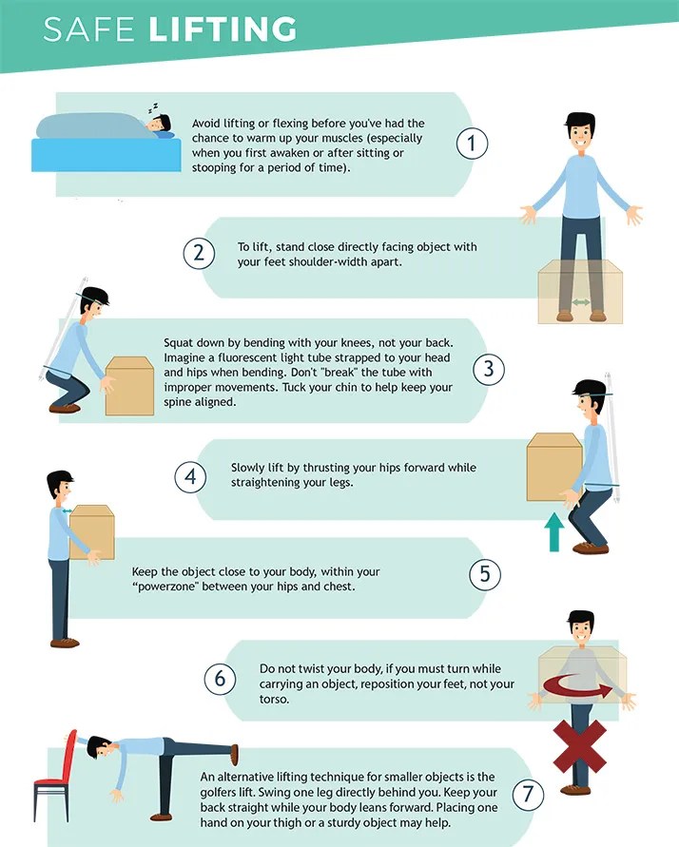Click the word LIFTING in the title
pyautogui.click(x=223, y=29)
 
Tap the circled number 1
pyautogui.click(x=472, y=144)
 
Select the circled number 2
pyautogui.click(x=199, y=254)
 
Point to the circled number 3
pyautogui.click(x=488, y=370)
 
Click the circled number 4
pyautogui.click(x=190, y=477)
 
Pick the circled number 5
pyautogui.click(x=485, y=573)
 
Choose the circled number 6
pyautogui.click(x=220, y=679)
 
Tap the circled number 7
pyautogui.click(x=528, y=795)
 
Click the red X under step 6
pyautogui.click(x=579, y=746)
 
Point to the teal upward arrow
pyautogui.click(x=553, y=532)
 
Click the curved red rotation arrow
pyautogui.click(x=577, y=686)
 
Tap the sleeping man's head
pyautogui.click(x=160, y=124)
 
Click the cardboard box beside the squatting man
pyautogui.click(x=129, y=386)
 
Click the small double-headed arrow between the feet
pyautogui.click(x=581, y=302)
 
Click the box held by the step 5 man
pyautogui.click(x=92, y=532)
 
